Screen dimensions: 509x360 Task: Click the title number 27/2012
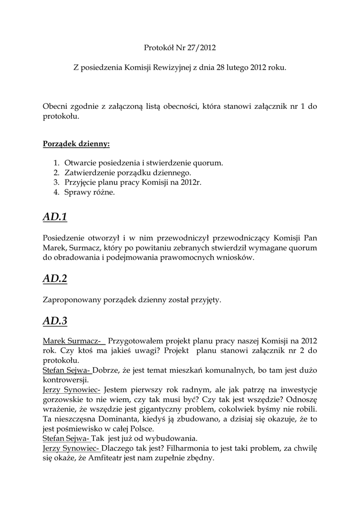coord(201,48)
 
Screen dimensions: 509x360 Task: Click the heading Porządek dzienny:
coord(76,144)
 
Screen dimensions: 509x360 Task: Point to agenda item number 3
coord(56,182)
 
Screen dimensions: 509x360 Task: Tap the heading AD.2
coord(55,279)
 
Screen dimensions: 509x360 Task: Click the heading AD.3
coord(55,321)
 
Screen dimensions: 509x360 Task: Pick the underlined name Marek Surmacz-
coord(74,341)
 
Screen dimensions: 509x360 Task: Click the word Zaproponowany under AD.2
coord(74,300)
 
